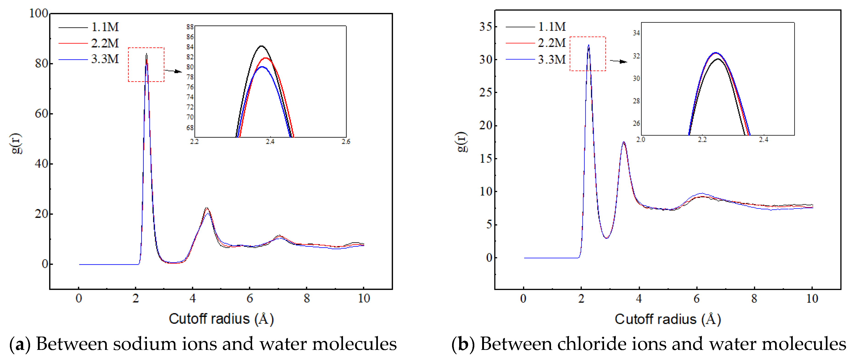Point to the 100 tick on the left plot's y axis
(39, 14)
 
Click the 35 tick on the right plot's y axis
(485, 27)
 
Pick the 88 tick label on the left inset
(190, 27)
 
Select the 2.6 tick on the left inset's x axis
(346, 142)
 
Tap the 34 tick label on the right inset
(636, 33)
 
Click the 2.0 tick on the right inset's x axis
(641, 140)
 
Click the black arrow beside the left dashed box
(173, 71)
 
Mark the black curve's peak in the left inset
(262, 46)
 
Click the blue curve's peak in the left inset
(262, 67)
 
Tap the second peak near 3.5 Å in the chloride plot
(624, 143)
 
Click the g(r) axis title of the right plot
(462, 142)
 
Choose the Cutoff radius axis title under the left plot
(221, 319)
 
